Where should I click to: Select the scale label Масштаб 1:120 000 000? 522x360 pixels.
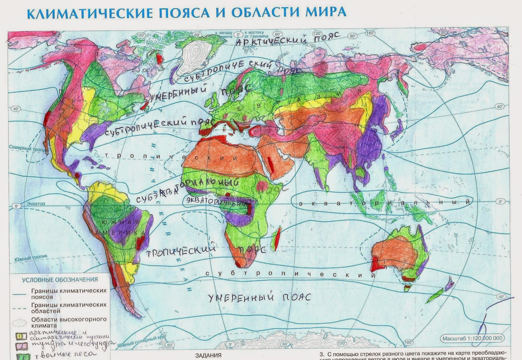tap(472, 338)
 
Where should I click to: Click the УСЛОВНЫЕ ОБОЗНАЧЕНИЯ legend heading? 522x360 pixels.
tap(60, 280)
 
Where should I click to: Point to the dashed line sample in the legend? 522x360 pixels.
tap(19, 308)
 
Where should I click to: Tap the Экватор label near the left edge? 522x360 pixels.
tap(36, 204)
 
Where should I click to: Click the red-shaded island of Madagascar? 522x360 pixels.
tap(277, 239)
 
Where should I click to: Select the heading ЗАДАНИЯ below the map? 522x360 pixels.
tap(208, 355)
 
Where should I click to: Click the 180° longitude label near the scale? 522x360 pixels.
tap(408, 342)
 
